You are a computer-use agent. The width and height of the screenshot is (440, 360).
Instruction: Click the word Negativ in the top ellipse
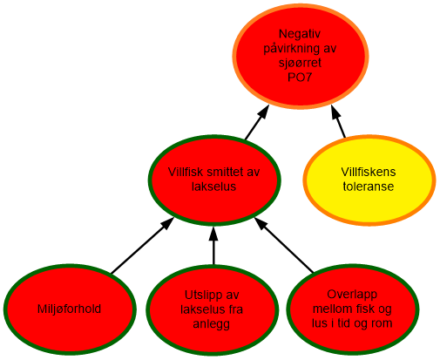(301, 34)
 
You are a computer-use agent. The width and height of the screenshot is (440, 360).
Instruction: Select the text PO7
(301, 77)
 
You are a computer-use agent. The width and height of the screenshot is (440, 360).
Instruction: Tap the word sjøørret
(301, 63)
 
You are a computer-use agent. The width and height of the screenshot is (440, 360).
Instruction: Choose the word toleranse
(369, 186)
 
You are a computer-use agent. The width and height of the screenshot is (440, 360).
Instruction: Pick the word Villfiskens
(369, 171)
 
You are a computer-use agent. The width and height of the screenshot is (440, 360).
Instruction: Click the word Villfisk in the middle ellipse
(186, 172)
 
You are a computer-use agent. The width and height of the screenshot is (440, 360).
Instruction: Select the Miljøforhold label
(69, 309)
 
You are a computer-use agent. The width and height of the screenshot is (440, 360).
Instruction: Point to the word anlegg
(213, 324)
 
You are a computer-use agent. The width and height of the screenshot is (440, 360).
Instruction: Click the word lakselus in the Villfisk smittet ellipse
(213, 187)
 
